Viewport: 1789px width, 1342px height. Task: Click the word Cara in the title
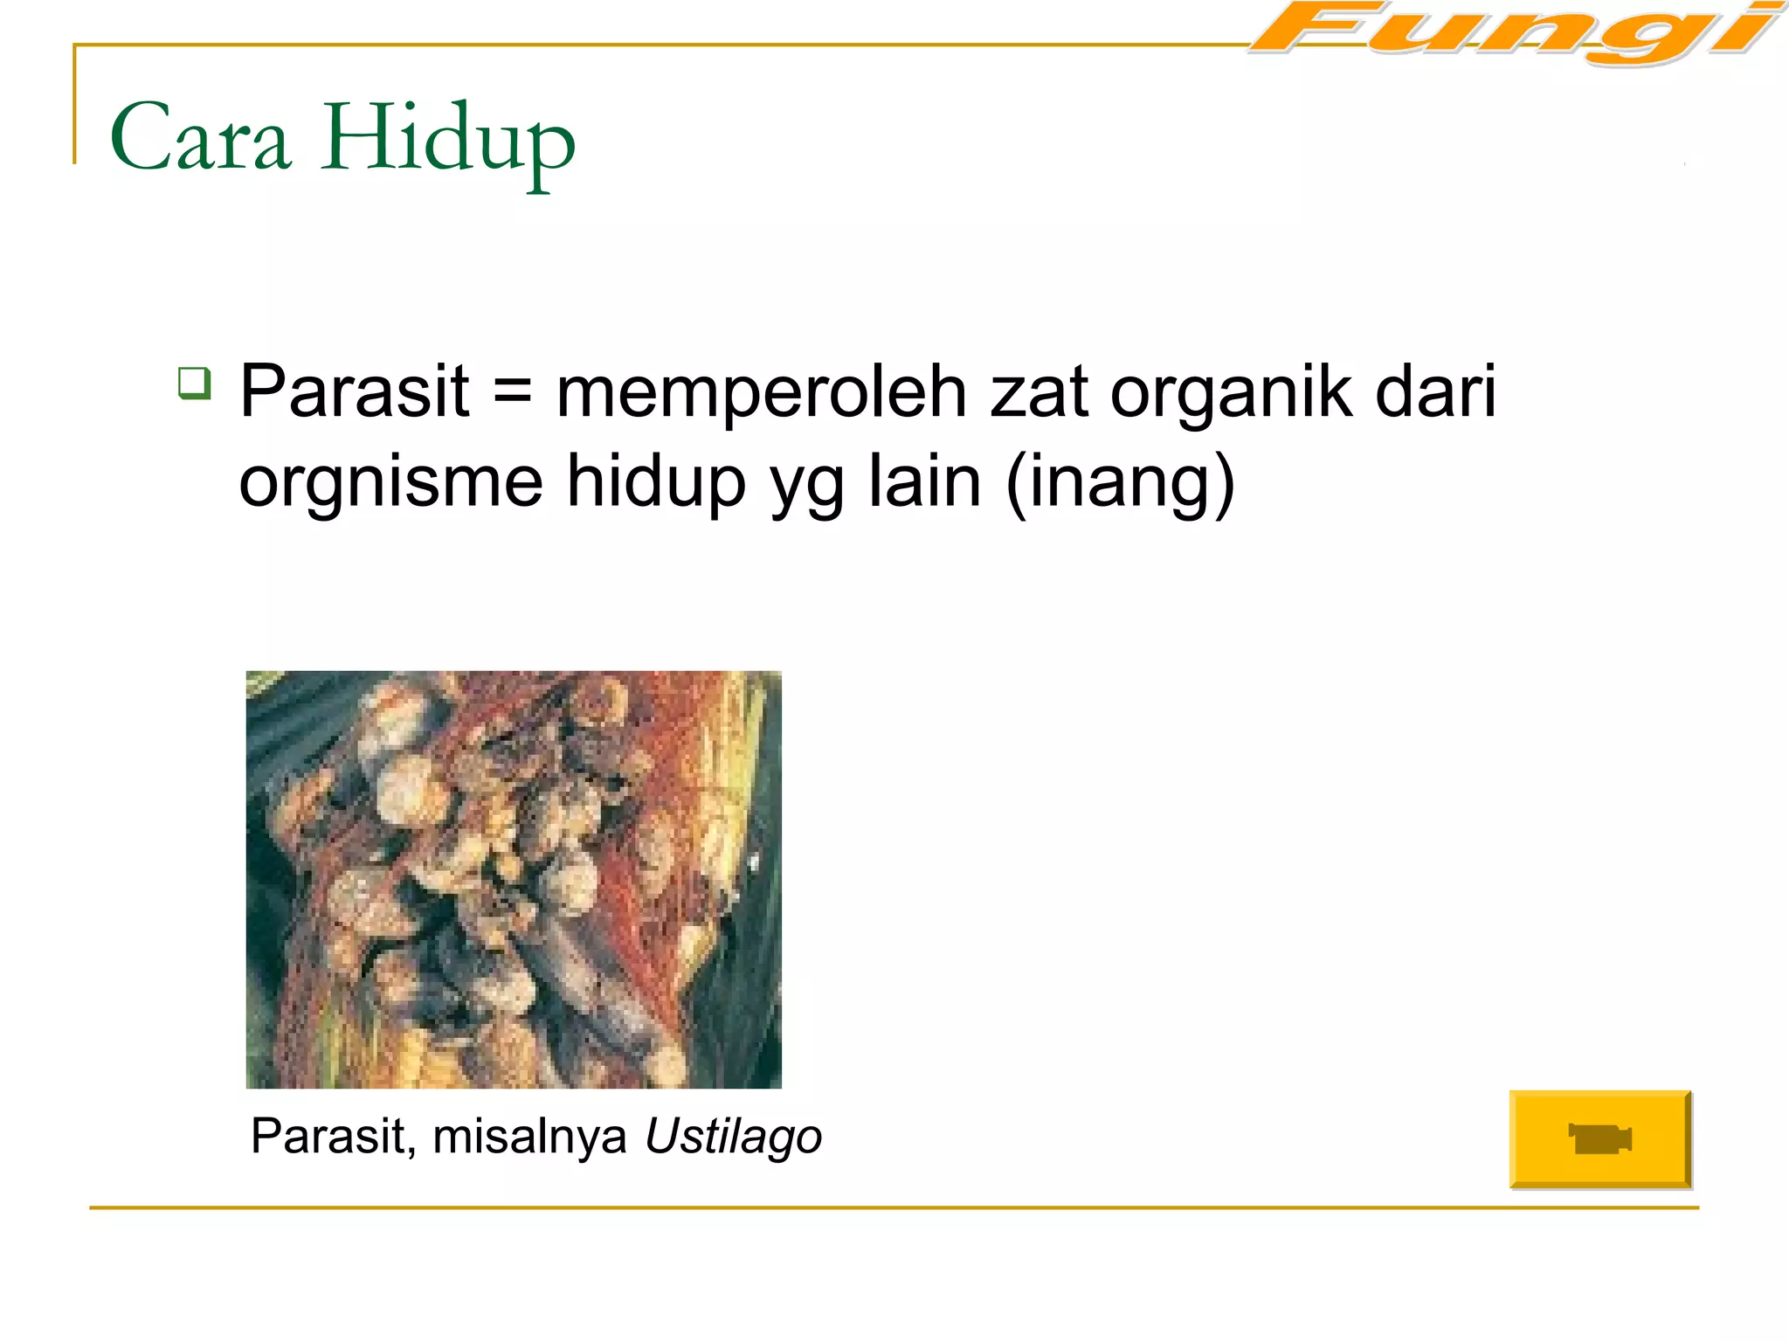click(x=200, y=138)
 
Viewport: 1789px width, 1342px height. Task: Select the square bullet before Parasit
click(x=194, y=383)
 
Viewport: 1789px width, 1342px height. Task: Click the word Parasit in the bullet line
click(x=355, y=391)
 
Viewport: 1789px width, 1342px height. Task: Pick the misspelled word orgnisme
click(x=390, y=482)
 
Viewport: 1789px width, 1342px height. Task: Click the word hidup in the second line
click(x=655, y=482)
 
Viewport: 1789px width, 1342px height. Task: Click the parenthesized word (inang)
click(x=1121, y=482)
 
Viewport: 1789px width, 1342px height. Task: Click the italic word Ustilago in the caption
click(x=733, y=1137)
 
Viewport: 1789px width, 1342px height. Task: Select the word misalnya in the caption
click(x=529, y=1137)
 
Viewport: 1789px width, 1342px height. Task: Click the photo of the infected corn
click(x=514, y=879)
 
